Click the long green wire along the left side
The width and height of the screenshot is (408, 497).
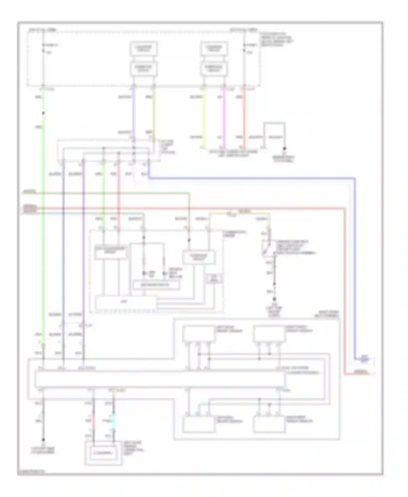pos(43,245)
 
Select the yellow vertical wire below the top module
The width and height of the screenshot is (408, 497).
pos(204,117)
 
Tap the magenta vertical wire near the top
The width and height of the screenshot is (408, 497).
pos(224,117)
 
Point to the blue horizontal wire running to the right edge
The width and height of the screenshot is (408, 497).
pos(245,178)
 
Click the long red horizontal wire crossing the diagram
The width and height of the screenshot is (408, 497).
pos(190,209)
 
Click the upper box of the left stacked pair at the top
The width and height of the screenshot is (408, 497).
pos(143,49)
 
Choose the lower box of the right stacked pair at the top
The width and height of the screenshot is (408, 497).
pos(214,69)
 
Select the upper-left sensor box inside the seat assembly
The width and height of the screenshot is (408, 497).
pos(199,334)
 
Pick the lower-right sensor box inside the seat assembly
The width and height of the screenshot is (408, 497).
pos(269,424)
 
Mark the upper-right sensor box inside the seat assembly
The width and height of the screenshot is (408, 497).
pos(269,334)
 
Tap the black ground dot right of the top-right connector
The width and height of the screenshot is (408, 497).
pos(285,149)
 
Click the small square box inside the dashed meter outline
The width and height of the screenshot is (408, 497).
pos(214,279)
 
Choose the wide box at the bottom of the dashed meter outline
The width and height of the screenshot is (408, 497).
pos(126,302)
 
